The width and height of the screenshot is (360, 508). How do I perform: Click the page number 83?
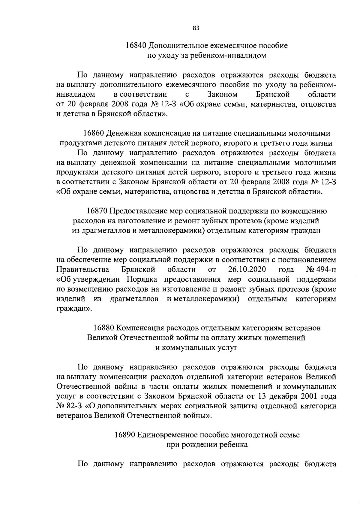[x=196, y=28]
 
